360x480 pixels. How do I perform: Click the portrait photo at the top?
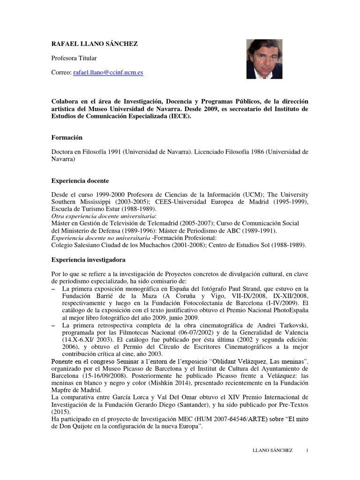264,58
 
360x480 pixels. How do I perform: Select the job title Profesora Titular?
74,58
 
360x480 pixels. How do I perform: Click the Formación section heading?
66,137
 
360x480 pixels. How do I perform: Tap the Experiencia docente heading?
80,180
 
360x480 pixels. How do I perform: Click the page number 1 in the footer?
307,450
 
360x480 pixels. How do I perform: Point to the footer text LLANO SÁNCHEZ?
272,450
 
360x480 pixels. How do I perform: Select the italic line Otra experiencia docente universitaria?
103,216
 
